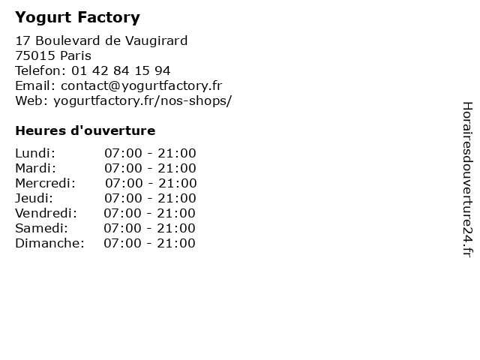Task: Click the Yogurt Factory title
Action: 77,17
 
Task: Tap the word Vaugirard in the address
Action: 157,40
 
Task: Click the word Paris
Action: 76,55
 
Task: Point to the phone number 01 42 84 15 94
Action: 121,70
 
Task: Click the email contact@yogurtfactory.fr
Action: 142,86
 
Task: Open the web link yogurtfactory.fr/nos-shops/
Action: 142,100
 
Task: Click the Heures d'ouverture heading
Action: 85,130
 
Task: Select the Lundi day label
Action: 35,153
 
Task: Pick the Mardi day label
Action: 35,168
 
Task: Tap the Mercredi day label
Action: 45,183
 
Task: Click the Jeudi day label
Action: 34,198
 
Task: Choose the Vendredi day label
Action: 46,213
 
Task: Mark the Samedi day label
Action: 42,228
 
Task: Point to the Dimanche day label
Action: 49,243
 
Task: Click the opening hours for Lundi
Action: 150,153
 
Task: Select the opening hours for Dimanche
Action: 149,243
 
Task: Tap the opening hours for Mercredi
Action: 151,183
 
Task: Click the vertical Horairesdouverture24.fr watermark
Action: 468,179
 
